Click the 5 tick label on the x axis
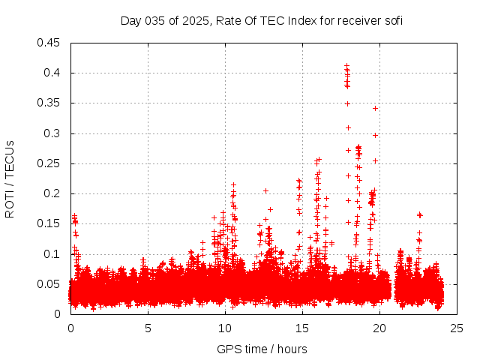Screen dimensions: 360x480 click(148, 328)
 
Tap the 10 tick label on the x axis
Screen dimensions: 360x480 click(225, 328)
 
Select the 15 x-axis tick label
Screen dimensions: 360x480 click(302, 328)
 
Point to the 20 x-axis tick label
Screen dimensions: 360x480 click(379, 328)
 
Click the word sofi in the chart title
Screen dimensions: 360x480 click(393, 20)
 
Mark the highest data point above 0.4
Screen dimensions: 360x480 click(346, 65)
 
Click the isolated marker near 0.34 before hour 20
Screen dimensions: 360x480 click(375, 108)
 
